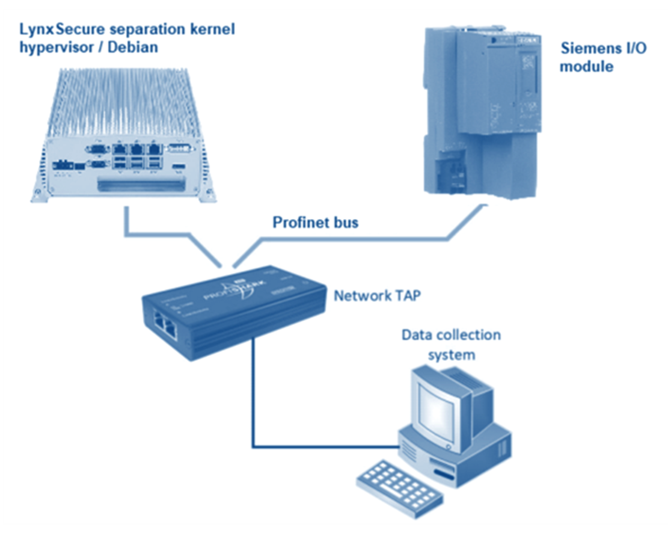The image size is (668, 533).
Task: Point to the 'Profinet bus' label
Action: coord(315,223)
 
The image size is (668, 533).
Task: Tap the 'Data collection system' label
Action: coord(451,344)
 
